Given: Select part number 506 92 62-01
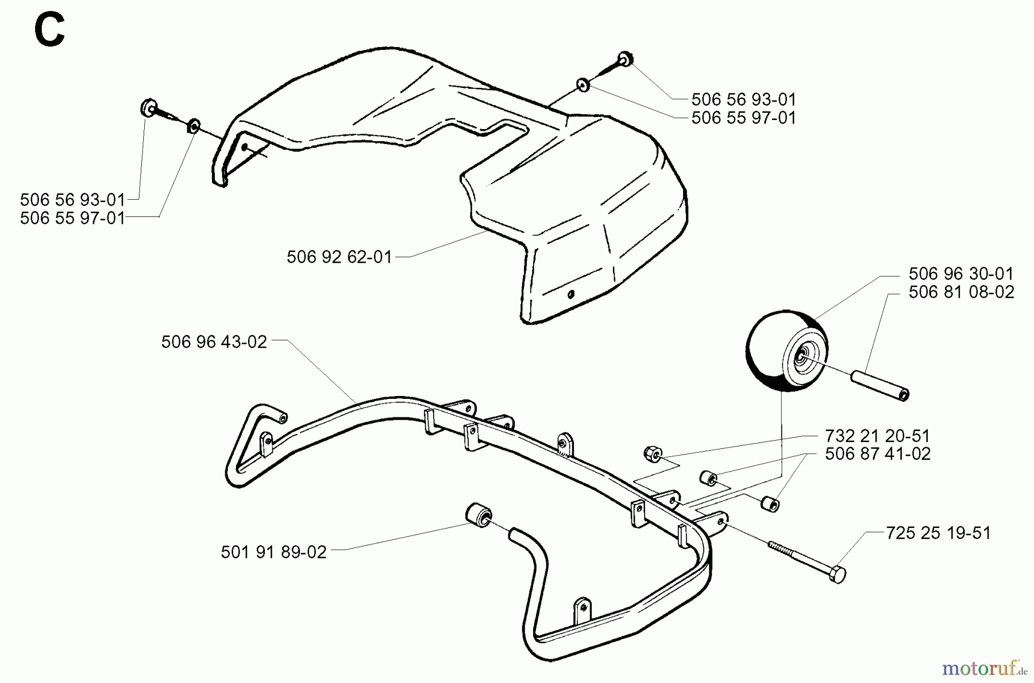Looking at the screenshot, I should pos(339,257).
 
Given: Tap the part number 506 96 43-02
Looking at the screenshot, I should pos(214,342).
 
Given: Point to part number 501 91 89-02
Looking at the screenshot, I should pos(273,552).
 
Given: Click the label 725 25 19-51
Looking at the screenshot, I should pos(938,533).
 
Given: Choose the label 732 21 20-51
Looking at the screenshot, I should pos(877,436).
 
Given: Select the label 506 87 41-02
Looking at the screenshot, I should pos(877,454).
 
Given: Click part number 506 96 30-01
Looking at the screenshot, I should pos(961,273).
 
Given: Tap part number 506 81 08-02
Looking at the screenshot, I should pos(961,292).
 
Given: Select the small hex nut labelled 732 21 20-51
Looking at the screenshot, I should pos(651,453).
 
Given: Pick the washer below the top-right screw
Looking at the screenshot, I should pos(583,85).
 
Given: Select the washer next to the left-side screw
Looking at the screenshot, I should pos(194,125).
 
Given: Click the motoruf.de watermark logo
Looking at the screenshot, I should pos(985,668).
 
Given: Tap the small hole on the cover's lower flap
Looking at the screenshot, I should pos(570,294).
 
